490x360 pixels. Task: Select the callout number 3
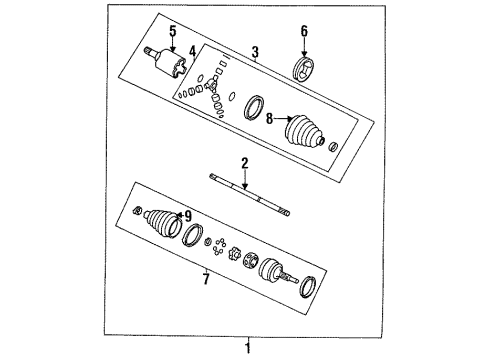[255, 52]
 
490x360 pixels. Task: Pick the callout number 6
[305, 31]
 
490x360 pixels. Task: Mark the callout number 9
[185, 215]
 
